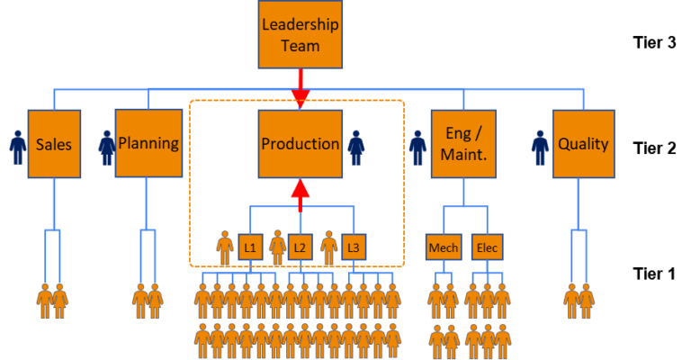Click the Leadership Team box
coord(300,34)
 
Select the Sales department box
coord(54,144)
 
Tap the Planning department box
coord(148,144)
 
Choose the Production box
coord(300,144)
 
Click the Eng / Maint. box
coord(463,144)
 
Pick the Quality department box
coord(583,144)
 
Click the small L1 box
coord(250,247)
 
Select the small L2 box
coord(301,247)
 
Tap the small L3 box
coord(354,247)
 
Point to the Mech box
coord(443,247)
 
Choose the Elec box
coord(487,247)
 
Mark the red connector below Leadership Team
coord(300,96)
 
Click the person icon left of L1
coord(225,247)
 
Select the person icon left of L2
coord(277,247)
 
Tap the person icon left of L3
coord(329,247)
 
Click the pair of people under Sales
coord(52,301)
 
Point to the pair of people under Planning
coord(148,301)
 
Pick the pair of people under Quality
coord(579,301)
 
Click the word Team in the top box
coord(300,45)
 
